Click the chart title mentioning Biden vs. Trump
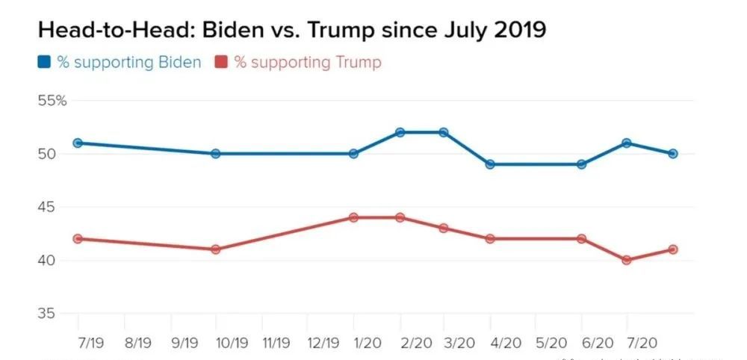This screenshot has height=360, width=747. click(x=291, y=31)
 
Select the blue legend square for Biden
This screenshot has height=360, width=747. click(x=44, y=62)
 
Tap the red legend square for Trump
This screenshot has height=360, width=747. click(x=222, y=62)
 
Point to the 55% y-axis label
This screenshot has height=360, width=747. click(x=52, y=101)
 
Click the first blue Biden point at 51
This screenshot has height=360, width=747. click(x=78, y=143)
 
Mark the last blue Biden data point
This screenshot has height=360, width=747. click(x=673, y=154)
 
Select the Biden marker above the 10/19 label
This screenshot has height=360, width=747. click(x=216, y=154)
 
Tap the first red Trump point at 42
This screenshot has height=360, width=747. click(x=78, y=239)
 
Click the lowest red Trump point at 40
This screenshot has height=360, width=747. click(x=627, y=260)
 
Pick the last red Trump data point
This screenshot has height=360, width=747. click(x=673, y=249)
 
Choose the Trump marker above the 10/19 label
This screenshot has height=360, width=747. click(x=216, y=249)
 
